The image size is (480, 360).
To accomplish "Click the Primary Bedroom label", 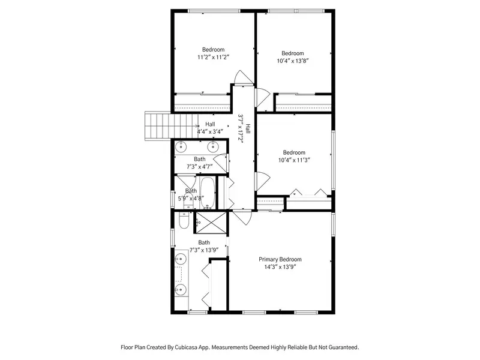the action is point(280,259).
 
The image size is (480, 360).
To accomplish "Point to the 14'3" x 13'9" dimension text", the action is point(280,266).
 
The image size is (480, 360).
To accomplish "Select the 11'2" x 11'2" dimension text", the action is point(214,57).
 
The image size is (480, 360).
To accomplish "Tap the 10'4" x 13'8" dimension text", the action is point(293,61).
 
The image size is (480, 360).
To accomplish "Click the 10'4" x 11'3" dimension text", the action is point(294,160).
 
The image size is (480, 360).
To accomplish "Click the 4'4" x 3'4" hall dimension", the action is point(210,131).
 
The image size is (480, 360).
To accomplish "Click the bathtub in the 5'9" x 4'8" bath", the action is point(208,193).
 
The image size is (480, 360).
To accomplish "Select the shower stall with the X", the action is point(211,223).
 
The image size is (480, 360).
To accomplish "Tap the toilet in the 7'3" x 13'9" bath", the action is point(184,220).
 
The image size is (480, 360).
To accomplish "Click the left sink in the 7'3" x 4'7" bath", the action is point(182,147).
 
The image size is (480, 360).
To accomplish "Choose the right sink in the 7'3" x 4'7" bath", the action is point(213,147).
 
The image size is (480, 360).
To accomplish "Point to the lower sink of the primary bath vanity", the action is point(181,289).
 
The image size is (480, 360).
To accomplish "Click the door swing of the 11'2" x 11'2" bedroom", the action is point(244,77).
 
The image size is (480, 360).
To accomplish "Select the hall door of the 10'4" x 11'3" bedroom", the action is point(263,182).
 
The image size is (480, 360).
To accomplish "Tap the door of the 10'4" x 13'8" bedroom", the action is point(263,98).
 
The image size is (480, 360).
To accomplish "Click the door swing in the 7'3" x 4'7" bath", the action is point(221,162).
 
